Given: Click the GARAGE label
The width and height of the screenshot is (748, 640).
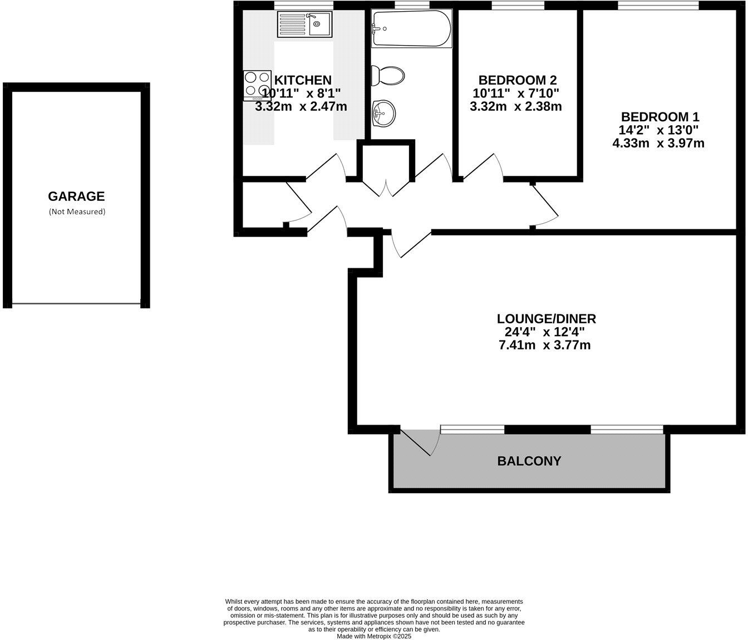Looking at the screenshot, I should (x=76, y=196).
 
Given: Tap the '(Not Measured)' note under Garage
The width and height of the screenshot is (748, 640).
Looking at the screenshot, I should (x=77, y=211).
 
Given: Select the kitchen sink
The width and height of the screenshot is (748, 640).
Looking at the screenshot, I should (x=304, y=24).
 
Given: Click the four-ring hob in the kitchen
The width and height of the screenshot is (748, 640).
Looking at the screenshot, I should (x=257, y=85).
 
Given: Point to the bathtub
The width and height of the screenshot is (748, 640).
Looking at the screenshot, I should (x=411, y=28).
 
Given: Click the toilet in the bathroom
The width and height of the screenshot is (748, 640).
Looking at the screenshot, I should (x=388, y=76).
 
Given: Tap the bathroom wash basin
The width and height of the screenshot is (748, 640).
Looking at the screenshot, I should (x=383, y=113).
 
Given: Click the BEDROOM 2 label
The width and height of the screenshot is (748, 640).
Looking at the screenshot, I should (x=517, y=80).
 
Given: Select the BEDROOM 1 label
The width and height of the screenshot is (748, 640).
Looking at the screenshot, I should (x=660, y=117).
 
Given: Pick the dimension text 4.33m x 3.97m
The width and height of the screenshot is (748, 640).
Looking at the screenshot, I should (x=658, y=144).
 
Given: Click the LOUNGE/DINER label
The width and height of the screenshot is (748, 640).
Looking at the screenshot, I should (x=546, y=319).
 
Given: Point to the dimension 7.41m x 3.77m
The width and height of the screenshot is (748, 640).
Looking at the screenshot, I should (x=544, y=345).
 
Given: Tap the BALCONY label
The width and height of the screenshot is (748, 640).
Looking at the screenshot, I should (x=529, y=461).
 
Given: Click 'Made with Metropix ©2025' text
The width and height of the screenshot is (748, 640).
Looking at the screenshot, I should (x=374, y=636).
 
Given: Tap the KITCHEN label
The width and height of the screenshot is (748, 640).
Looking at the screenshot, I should (x=303, y=80).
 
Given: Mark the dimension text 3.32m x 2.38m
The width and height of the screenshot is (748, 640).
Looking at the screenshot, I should (x=515, y=106).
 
